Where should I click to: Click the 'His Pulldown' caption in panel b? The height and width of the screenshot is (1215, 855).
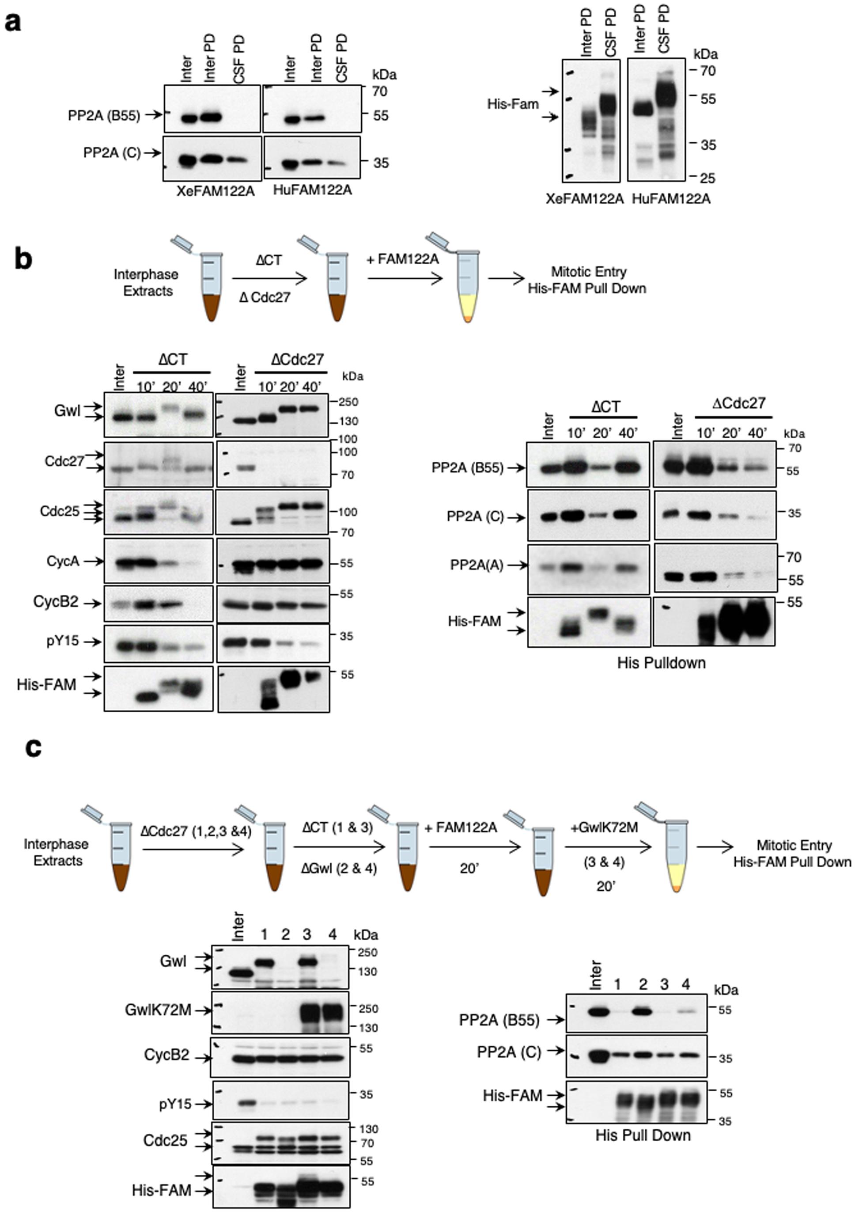click(x=662, y=663)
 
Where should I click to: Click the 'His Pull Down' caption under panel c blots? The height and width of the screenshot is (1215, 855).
click(x=643, y=1135)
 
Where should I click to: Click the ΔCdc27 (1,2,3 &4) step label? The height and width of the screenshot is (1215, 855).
click(x=195, y=832)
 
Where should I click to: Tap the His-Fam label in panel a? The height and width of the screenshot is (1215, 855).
click(x=513, y=104)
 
